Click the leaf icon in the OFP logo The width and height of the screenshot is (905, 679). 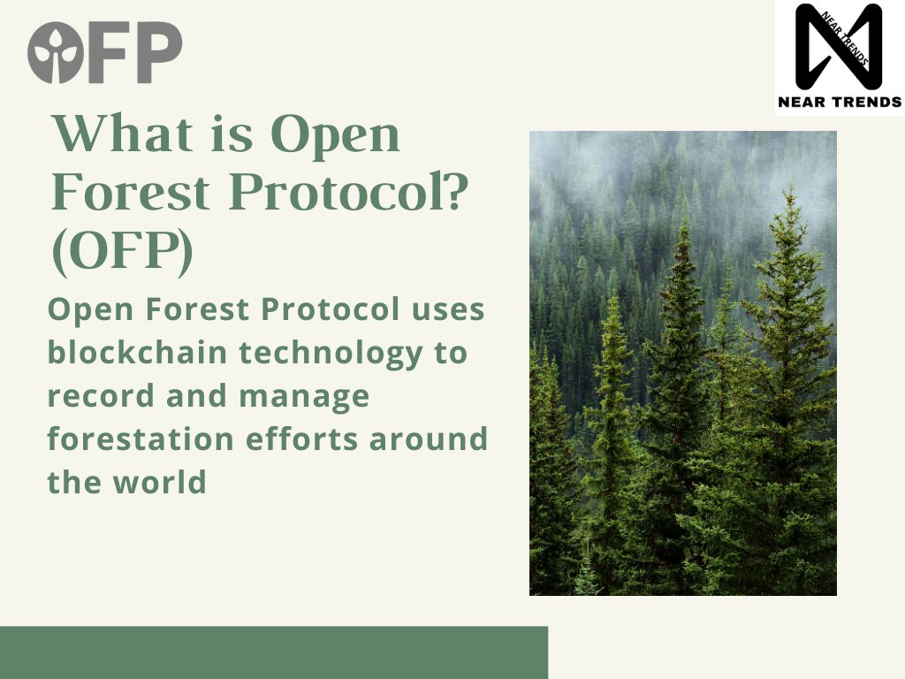click(x=56, y=52)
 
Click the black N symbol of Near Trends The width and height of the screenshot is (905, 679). click(x=840, y=45)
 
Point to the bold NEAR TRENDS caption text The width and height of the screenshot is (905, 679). click(x=840, y=103)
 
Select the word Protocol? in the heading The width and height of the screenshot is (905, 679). click(x=348, y=192)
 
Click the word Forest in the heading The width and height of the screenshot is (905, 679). click(x=131, y=192)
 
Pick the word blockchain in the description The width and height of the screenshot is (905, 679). click(x=137, y=352)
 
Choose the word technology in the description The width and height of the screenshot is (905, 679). click(x=332, y=353)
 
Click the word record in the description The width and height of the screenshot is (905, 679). click(x=101, y=395)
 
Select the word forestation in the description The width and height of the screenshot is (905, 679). click(x=141, y=439)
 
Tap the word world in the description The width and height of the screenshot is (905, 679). click(x=160, y=481)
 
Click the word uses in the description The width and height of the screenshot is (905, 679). click(x=447, y=310)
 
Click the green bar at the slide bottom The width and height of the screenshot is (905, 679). click(x=274, y=652)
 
